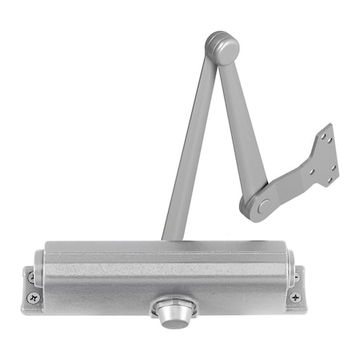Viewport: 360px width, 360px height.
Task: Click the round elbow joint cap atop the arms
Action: [x=222, y=48]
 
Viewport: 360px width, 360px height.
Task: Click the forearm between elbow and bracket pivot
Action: [x=243, y=128]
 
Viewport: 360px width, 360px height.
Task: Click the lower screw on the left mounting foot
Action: [x=33, y=297]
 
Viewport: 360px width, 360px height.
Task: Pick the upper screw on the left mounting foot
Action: [x=32, y=277]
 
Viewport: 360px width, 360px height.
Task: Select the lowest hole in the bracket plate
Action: [x=330, y=179]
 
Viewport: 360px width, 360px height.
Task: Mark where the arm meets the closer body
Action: [x=172, y=238]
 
